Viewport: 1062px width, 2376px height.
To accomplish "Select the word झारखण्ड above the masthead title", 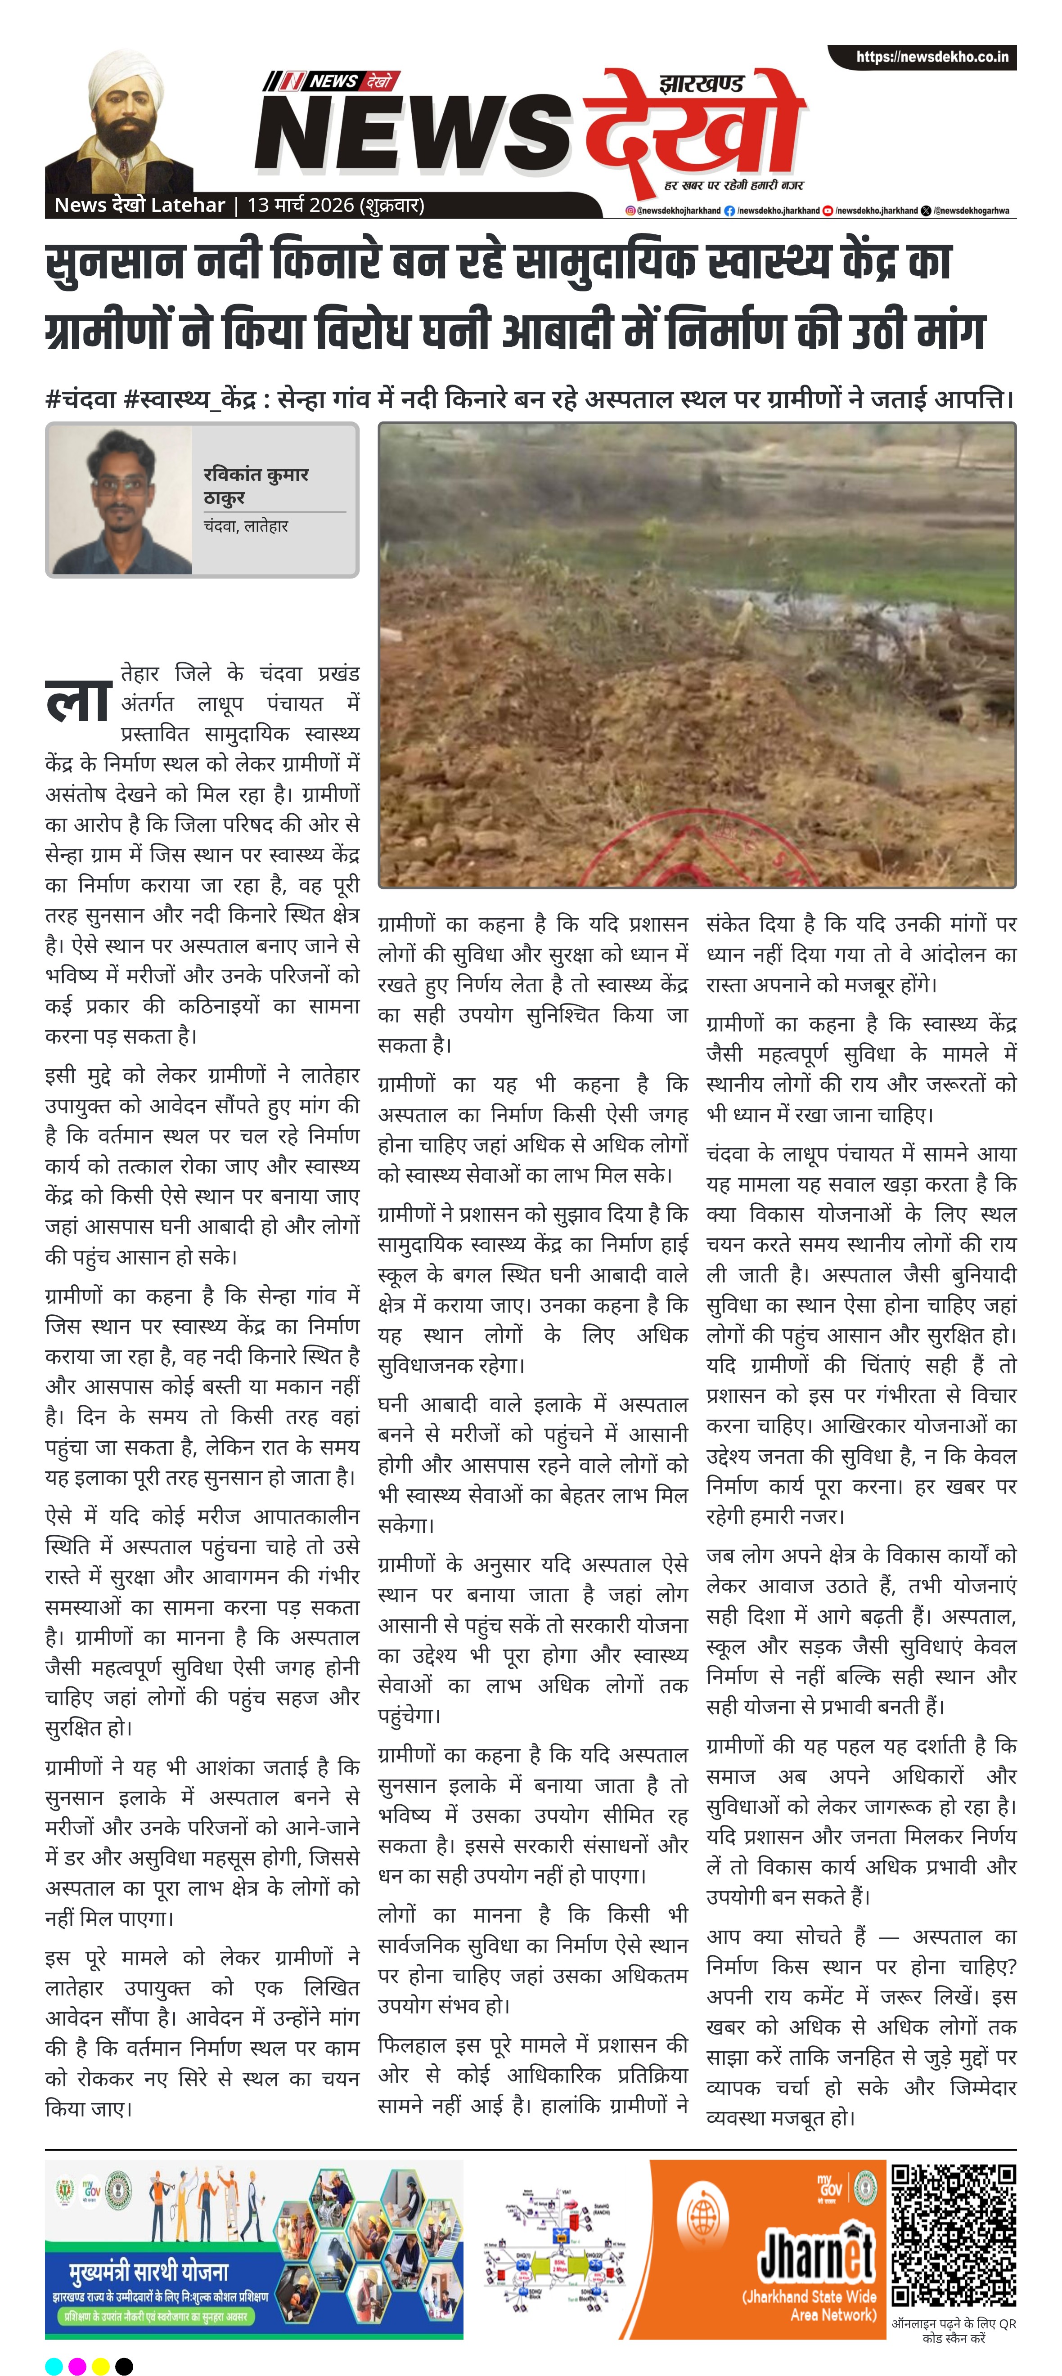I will [701, 84].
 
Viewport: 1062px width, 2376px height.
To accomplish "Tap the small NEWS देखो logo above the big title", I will [329, 81].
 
